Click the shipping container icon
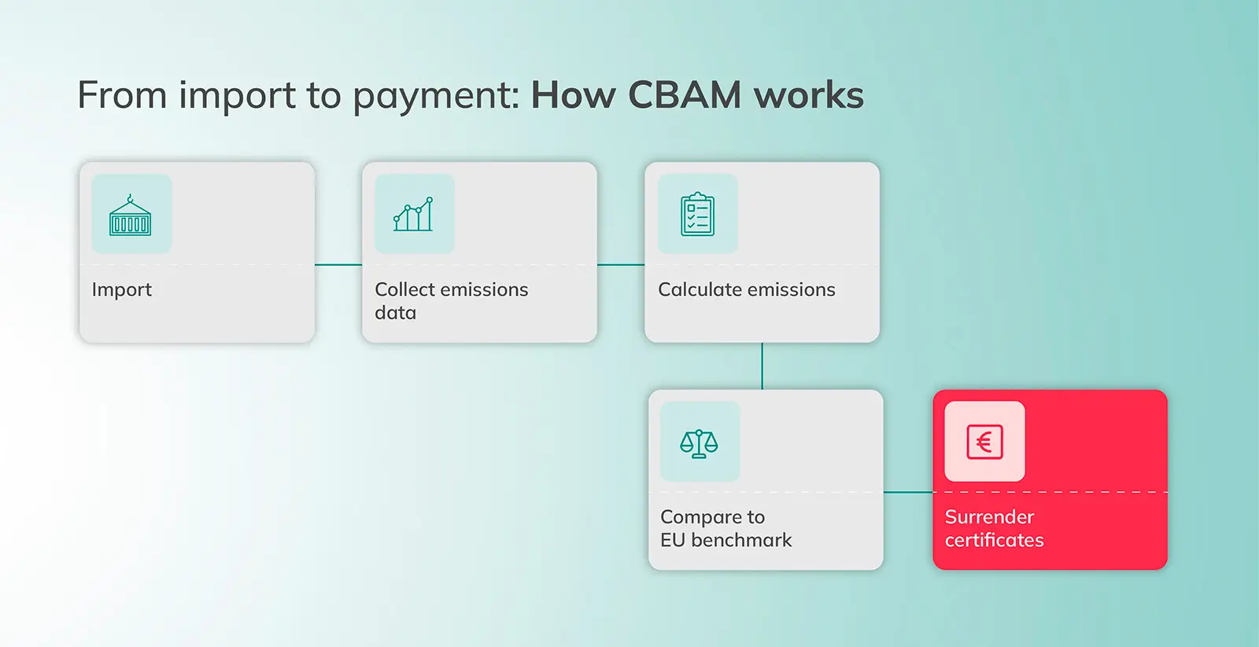tap(131, 215)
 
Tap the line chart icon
tap(414, 214)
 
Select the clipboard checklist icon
tap(697, 214)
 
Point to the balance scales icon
tap(700, 443)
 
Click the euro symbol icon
tap(984, 442)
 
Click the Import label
tap(122, 290)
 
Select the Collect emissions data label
tap(451, 301)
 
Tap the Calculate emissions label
tap(746, 290)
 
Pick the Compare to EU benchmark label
tap(725, 528)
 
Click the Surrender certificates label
tap(994, 528)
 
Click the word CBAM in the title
tap(684, 95)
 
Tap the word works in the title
tap(808, 95)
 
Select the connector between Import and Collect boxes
tap(338, 264)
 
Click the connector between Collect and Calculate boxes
tap(621, 264)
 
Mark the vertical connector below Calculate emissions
tap(762, 366)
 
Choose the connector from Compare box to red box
tap(908, 492)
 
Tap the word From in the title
tap(122, 95)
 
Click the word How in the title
tap(573, 95)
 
